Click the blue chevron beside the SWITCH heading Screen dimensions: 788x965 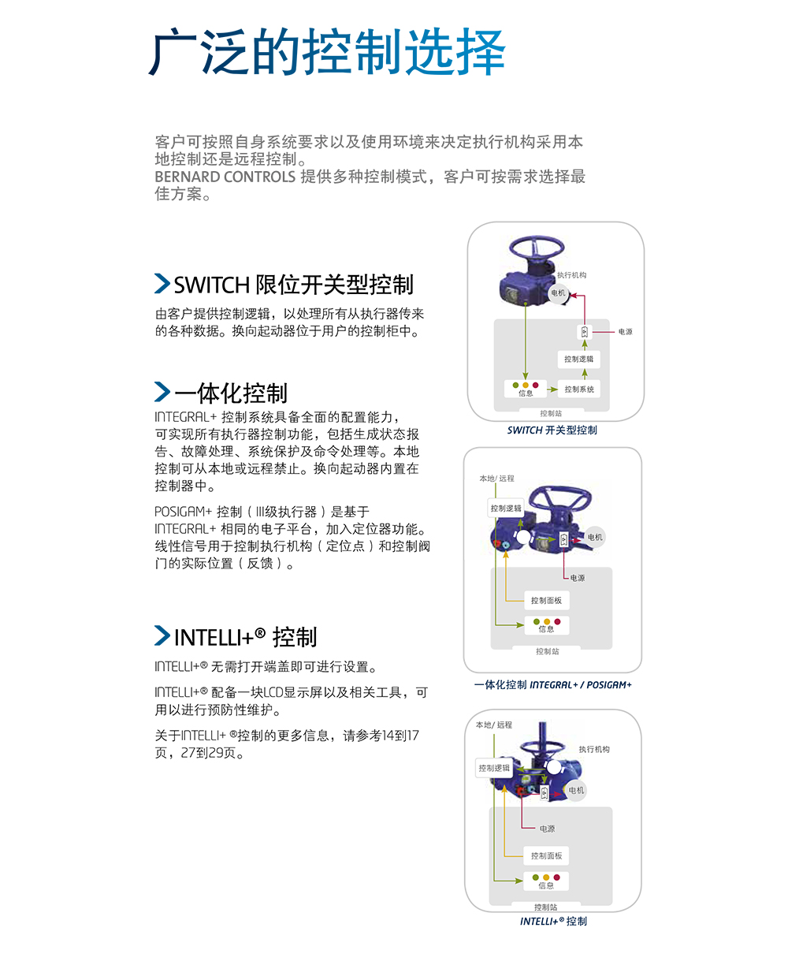pyautogui.click(x=162, y=283)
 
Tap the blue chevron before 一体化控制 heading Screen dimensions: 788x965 pyautogui.click(x=162, y=392)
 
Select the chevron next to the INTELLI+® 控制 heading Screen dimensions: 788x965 pyautogui.click(x=162, y=635)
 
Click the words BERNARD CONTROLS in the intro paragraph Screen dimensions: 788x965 pyautogui.click(x=225, y=177)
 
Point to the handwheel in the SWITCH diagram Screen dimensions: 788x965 pyautogui.click(x=537, y=248)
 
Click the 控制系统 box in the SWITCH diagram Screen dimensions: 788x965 pyautogui.click(x=579, y=389)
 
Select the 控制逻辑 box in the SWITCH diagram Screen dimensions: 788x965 pyautogui.click(x=578, y=360)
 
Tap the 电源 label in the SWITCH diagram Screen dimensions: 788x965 pyautogui.click(x=625, y=332)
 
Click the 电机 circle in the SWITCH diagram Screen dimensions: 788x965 pyautogui.click(x=558, y=292)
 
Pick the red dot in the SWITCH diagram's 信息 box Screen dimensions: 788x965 pyautogui.click(x=536, y=386)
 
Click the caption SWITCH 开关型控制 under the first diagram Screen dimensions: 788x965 pyautogui.click(x=552, y=430)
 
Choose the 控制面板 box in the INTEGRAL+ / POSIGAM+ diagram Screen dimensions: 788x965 pyautogui.click(x=547, y=601)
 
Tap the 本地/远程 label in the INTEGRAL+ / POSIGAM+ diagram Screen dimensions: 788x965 pyautogui.click(x=496, y=479)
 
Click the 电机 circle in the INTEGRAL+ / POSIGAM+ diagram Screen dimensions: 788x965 pyautogui.click(x=595, y=537)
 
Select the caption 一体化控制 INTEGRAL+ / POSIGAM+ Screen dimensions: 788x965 pyautogui.click(x=552, y=685)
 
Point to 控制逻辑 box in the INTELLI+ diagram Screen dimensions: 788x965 pyautogui.click(x=494, y=768)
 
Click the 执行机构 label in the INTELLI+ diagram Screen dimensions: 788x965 pyautogui.click(x=594, y=749)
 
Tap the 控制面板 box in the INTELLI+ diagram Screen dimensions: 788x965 pyautogui.click(x=546, y=856)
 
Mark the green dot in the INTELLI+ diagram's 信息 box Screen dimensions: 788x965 pyautogui.click(x=536, y=877)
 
